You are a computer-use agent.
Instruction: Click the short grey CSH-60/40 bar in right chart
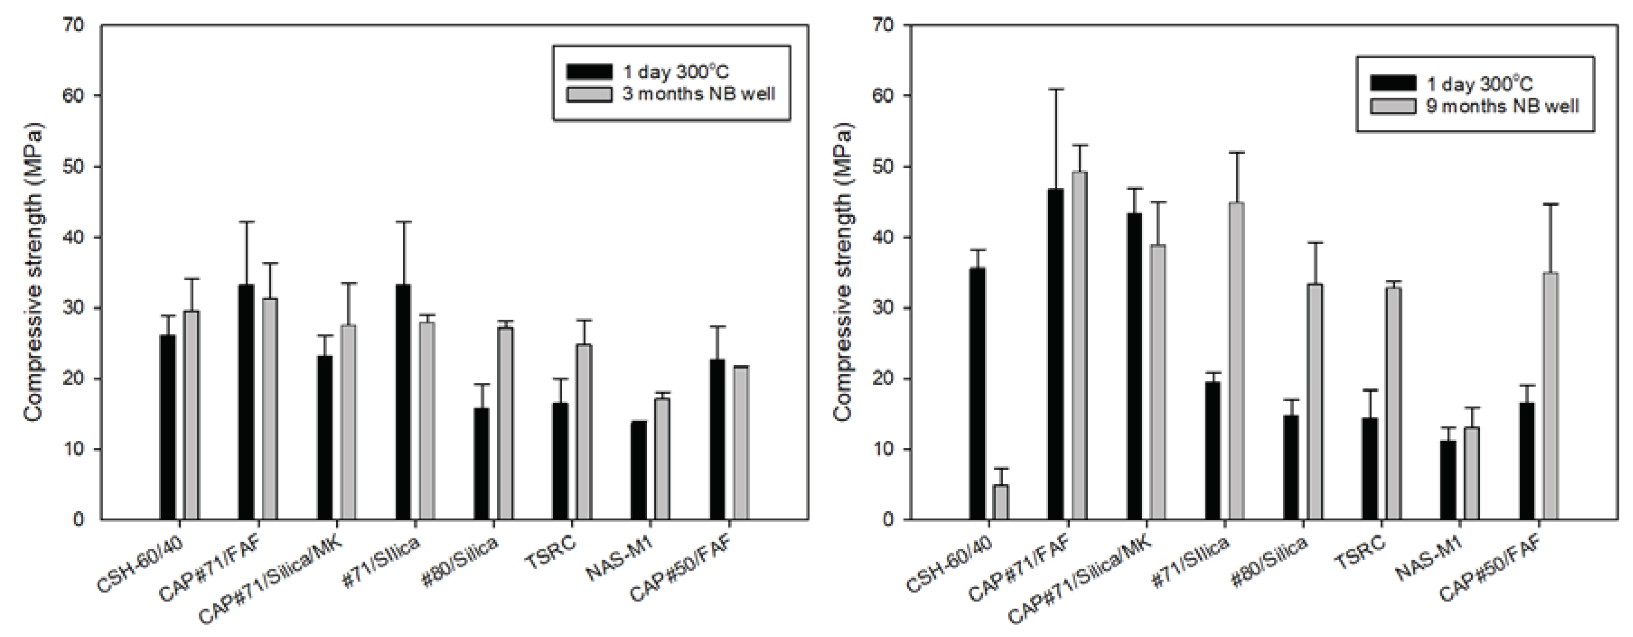tap(1000, 502)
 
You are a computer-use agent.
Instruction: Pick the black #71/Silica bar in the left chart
tap(403, 402)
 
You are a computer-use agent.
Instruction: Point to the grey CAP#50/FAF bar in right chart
tap(1551, 396)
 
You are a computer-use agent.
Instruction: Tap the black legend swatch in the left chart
tap(589, 71)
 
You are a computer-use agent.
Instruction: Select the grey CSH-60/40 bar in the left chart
tap(191, 415)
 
